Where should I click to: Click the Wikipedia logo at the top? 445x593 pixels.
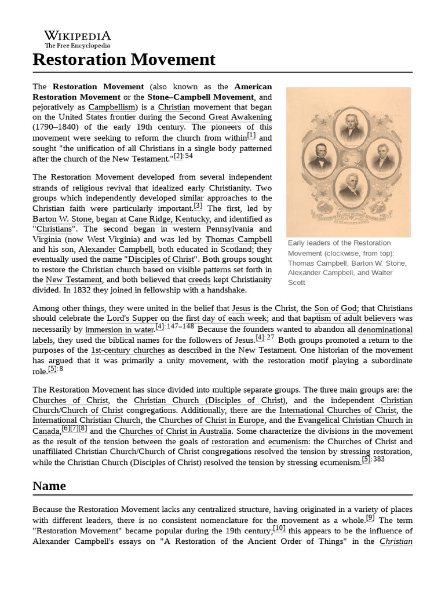(78, 39)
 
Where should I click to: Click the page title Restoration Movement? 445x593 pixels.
(124, 59)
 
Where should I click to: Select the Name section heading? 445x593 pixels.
(49, 485)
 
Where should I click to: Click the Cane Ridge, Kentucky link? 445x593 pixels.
(169, 219)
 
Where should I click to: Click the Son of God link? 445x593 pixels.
(336, 309)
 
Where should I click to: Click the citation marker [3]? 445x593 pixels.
(198, 206)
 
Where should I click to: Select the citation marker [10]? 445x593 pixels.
(279, 528)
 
